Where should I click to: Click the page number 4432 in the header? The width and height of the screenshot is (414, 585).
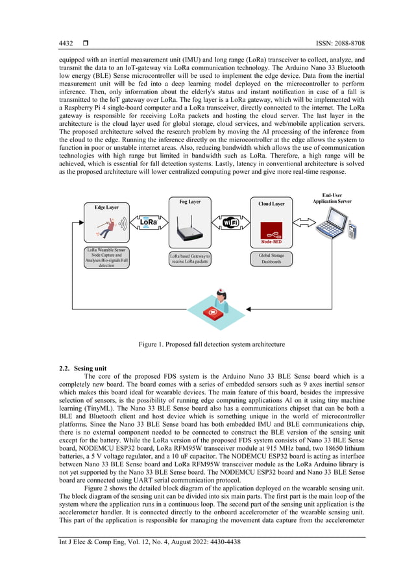(x=66, y=43)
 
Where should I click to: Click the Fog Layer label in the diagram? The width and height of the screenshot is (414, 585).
(x=189, y=202)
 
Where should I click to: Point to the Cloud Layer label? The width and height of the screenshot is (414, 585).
(x=271, y=204)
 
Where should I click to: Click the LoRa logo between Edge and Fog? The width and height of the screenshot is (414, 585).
(x=148, y=223)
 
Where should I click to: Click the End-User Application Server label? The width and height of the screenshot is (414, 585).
(x=332, y=198)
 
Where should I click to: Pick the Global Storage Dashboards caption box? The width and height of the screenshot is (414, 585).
(x=271, y=259)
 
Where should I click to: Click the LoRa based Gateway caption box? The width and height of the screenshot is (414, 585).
(x=190, y=259)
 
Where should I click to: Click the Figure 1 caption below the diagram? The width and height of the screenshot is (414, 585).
(x=211, y=344)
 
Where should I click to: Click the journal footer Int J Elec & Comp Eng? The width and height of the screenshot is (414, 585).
(x=149, y=542)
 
